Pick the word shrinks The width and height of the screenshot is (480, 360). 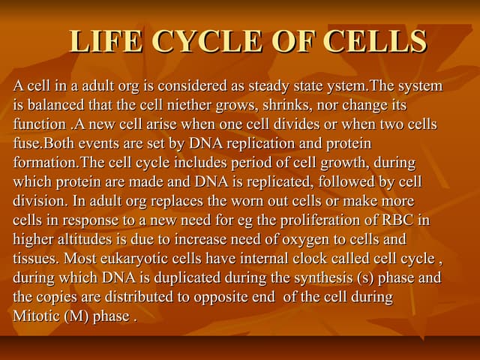(x=265, y=105)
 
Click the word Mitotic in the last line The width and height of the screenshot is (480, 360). (x=36, y=316)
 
